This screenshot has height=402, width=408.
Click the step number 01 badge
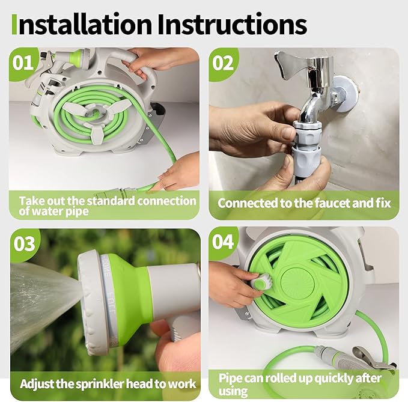24,62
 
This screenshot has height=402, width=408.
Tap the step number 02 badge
223,62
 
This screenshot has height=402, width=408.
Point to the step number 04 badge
223,243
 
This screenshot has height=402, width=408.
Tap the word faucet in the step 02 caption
322,203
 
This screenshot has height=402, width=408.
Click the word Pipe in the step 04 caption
230,379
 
